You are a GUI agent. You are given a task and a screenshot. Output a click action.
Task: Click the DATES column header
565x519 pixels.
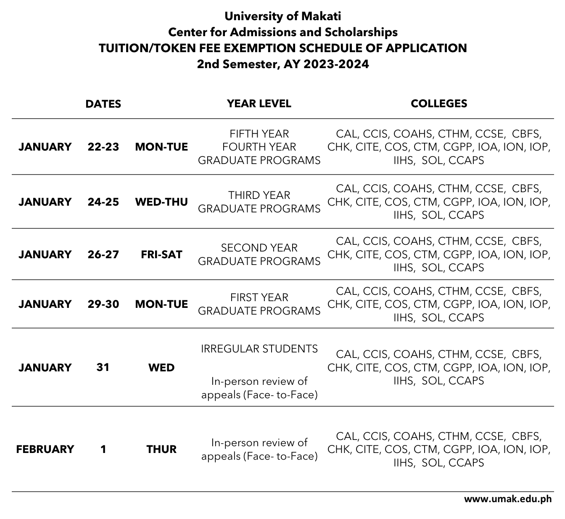click(x=103, y=104)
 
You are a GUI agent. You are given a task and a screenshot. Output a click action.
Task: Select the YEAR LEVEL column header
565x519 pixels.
click(x=259, y=103)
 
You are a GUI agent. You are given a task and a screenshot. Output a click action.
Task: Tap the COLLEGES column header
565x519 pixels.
click(x=438, y=103)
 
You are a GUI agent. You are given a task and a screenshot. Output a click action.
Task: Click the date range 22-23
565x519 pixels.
click(x=103, y=147)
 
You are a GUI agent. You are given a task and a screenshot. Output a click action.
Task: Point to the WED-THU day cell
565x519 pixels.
click(x=161, y=202)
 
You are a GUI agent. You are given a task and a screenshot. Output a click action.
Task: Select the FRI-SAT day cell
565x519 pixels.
click(x=161, y=254)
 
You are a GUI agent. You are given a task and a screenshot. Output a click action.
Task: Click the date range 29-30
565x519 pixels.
click(x=103, y=304)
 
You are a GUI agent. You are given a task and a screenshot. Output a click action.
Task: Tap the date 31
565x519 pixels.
click(x=103, y=368)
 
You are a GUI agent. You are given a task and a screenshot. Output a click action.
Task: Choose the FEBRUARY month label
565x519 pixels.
click(x=45, y=449)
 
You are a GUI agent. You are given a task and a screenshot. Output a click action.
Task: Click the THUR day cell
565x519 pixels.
click(x=161, y=449)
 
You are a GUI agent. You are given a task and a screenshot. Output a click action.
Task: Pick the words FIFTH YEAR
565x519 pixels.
click(x=259, y=134)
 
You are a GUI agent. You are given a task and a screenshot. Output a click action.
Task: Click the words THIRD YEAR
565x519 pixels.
click(x=259, y=195)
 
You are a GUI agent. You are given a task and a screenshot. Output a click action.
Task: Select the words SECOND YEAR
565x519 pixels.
click(x=259, y=248)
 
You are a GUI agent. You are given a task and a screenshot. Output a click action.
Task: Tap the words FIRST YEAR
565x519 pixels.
click(x=259, y=297)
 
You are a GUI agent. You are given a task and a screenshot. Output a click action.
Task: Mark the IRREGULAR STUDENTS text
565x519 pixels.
click(x=259, y=349)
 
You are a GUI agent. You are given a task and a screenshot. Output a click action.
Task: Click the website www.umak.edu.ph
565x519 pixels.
click(x=507, y=499)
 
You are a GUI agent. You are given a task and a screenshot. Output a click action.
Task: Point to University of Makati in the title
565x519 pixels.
click(x=282, y=16)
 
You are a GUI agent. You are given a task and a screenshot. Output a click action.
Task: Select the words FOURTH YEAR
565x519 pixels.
click(x=259, y=147)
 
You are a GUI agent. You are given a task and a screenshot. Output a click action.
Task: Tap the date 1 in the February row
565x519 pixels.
click(x=103, y=449)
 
